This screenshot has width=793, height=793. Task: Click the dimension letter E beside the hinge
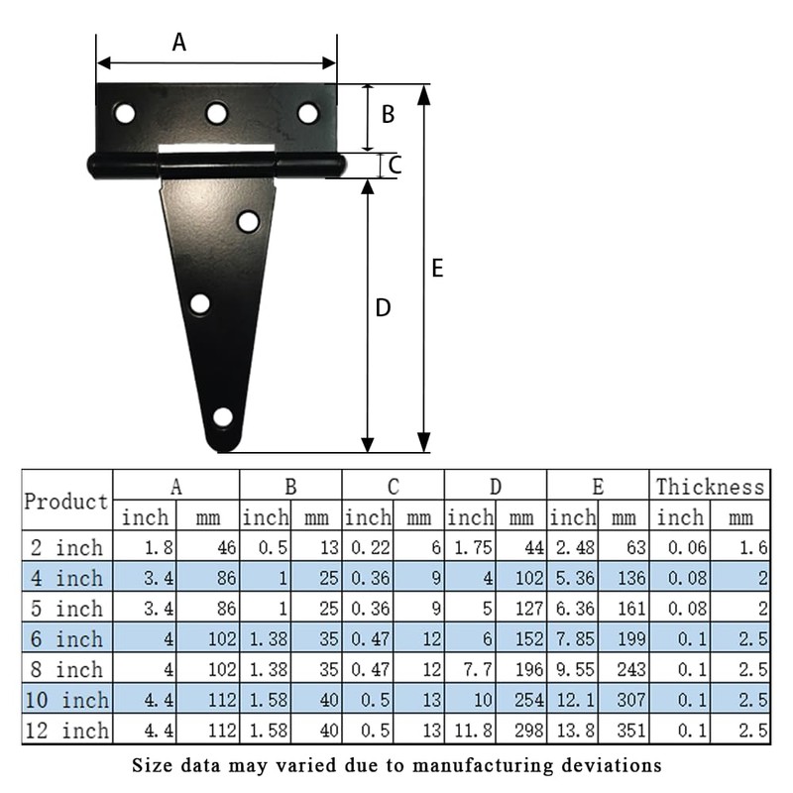[437, 268]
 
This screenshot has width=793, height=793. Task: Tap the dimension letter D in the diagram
[383, 309]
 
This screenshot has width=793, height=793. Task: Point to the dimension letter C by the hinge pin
[394, 165]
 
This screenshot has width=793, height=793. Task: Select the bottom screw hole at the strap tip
[223, 417]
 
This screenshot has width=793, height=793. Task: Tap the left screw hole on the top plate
[124, 113]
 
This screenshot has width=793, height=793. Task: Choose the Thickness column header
[711, 486]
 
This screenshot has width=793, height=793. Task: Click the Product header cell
[66, 502]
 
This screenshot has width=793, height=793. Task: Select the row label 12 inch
[66, 732]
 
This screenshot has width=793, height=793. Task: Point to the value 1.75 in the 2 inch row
[471, 547]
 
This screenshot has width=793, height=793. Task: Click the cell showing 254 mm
[526, 701]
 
